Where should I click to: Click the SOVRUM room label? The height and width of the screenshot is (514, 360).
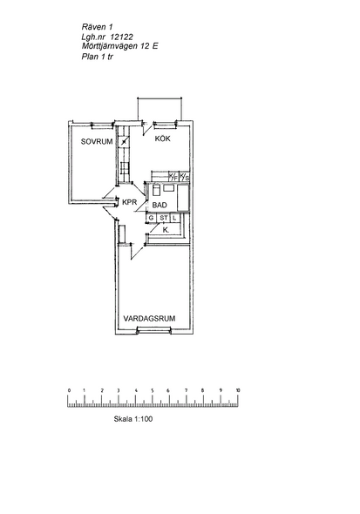[x=97, y=142]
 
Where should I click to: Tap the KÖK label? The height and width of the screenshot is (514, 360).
[x=163, y=139]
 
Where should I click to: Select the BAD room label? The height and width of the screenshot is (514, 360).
[x=160, y=206]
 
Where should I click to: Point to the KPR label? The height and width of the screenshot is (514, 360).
[x=129, y=202]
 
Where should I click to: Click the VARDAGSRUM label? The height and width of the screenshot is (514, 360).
[x=149, y=318]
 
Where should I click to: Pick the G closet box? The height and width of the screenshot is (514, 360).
[x=151, y=218]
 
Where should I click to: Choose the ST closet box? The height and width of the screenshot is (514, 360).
[x=164, y=218]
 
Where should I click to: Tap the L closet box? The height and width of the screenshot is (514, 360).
[x=175, y=218]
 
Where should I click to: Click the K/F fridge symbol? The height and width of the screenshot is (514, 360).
[x=173, y=177]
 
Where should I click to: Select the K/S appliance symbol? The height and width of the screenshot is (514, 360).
[x=185, y=177]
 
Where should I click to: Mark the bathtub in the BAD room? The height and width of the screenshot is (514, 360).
[x=183, y=198]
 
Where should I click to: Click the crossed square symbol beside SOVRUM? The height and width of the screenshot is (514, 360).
[x=124, y=142]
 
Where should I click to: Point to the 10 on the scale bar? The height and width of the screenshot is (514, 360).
[x=238, y=390]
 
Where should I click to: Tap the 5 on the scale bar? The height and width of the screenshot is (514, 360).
[x=153, y=390]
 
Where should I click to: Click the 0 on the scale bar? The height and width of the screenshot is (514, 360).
[x=69, y=390]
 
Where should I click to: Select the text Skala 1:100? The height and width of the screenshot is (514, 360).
[x=133, y=419]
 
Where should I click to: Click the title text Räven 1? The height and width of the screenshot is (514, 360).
[x=97, y=27]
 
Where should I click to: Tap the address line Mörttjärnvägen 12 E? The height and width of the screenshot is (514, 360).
[x=120, y=46]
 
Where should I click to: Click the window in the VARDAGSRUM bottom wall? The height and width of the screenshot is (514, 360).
[x=154, y=330]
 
